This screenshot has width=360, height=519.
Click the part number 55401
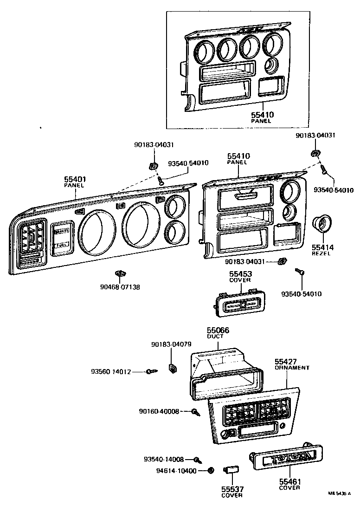tap(75, 179)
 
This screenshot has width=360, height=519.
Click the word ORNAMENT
tap(291, 367)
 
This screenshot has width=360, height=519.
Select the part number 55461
tap(289, 481)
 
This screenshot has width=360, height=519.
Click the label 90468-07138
tap(121, 287)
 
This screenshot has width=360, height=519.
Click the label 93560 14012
tap(111, 371)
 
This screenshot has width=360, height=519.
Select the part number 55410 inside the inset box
tap(262, 114)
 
